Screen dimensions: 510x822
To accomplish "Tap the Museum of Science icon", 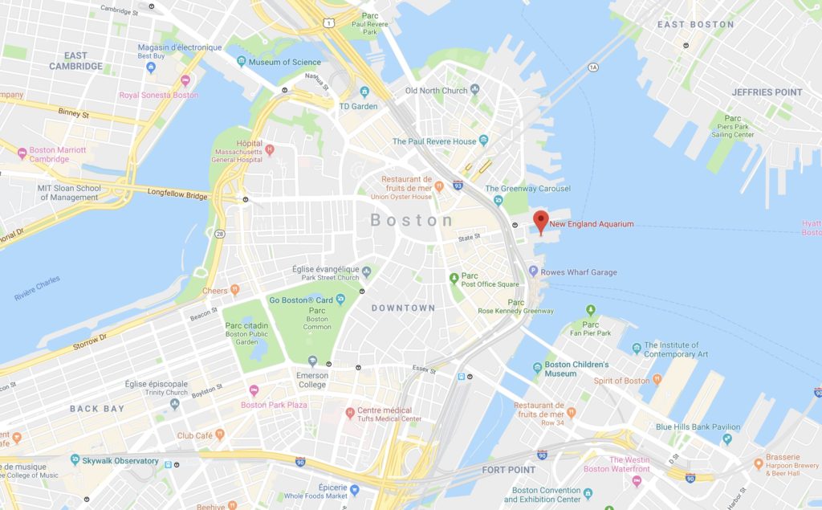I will point(241,62).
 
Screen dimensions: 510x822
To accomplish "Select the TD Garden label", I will point(358,106).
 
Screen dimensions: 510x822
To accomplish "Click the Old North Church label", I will point(436,91).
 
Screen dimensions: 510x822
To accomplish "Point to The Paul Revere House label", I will point(434,141).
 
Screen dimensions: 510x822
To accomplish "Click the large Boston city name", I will point(412,220).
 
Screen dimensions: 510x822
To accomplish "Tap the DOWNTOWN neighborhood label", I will point(403,308).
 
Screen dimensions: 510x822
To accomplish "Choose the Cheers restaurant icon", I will point(234,290).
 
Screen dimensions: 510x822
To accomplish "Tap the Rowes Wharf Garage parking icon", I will point(533,272).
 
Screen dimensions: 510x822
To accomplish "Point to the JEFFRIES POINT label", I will point(767,92).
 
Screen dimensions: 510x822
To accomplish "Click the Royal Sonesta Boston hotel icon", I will point(185,81).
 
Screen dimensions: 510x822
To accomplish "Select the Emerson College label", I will point(312,380).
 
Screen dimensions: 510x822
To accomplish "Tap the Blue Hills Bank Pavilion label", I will point(698,427).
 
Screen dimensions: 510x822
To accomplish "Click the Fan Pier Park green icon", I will point(591,310).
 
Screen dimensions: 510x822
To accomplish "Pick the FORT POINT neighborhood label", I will point(508,470).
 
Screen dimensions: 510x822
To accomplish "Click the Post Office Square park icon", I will point(454,278).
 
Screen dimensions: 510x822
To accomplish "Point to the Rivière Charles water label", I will point(37,295).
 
